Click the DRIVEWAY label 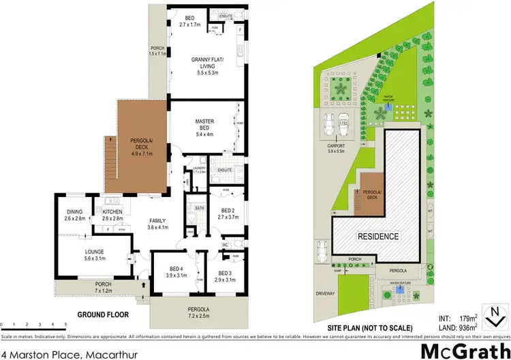pyautogui.click(x=326, y=294)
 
